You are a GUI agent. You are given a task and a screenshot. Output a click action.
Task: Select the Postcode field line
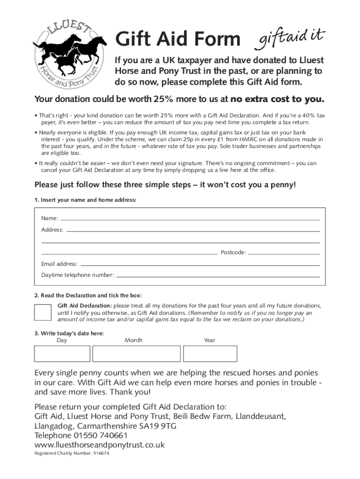click(284, 253)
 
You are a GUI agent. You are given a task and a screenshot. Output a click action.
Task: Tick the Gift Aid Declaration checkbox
click(43, 312)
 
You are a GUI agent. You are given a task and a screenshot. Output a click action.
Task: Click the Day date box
click(62, 354)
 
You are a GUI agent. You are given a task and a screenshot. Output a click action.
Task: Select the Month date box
click(136, 354)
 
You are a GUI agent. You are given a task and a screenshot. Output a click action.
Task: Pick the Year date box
click(210, 354)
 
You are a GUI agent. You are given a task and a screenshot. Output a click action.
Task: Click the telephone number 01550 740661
click(101, 435)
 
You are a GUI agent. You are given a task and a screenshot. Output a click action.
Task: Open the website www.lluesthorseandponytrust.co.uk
click(100, 445)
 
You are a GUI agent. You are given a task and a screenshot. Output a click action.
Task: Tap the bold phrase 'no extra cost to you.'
click(277, 99)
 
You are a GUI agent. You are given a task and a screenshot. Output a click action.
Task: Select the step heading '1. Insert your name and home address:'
click(85, 200)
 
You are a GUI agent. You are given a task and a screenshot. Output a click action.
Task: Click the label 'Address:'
click(52, 230)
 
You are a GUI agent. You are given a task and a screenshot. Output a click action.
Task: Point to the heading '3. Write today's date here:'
click(69, 334)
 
